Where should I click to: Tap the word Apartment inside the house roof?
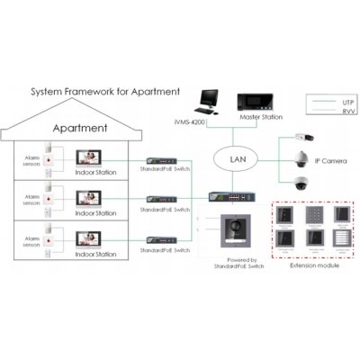coord(84,128)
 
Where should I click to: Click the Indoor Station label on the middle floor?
coord(93,213)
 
